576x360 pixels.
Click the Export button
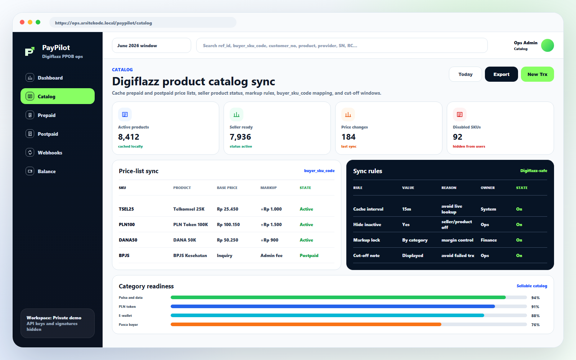click(x=501, y=74)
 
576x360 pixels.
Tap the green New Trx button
click(x=537, y=74)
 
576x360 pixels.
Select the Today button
click(x=465, y=74)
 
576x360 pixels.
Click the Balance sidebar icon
click(x=30, y=171)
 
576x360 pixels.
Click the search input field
click(x=342, y=45)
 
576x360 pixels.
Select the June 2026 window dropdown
click(x=152, y=45)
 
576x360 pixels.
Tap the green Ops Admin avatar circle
click(x=547, y=45)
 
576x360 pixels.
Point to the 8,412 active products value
click(x=129, y=137)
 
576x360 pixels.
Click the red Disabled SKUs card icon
click(x=459, y=114)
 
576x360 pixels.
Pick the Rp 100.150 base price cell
click(x=228, y=225)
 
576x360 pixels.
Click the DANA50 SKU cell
click(x=128, y=240)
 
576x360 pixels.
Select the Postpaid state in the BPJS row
click(x=309, y=255)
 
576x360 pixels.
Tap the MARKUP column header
click(x=269, y=188)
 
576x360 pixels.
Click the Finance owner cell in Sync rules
click(x=489, y=240)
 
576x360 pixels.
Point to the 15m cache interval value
click(x=406, y=209)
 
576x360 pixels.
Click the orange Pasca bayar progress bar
click(x=306, y=324)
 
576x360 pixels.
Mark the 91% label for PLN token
click(x=535, y=306)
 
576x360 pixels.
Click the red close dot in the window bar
click(x=22, y=22)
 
